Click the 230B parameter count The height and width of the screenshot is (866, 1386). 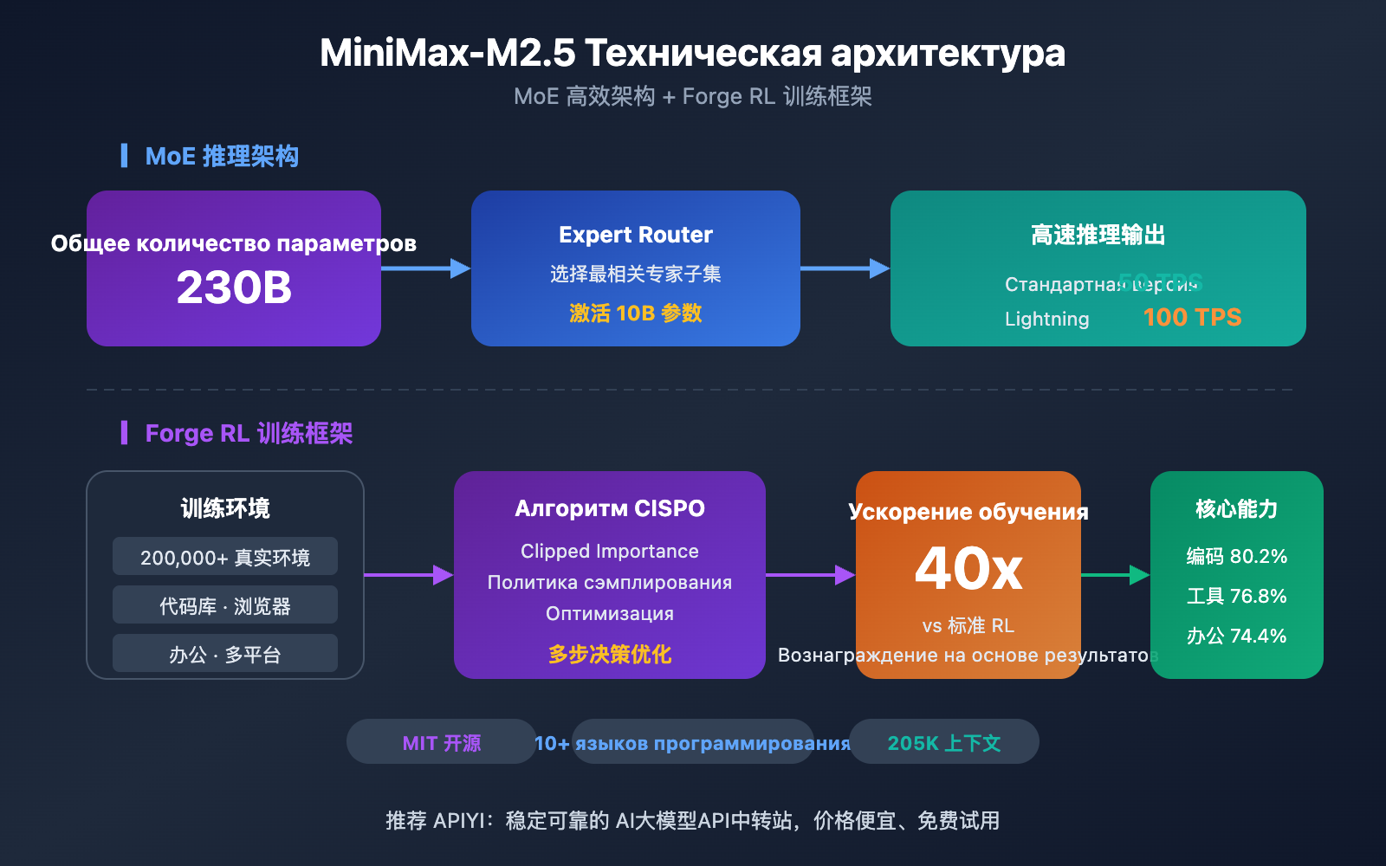click(x=234, y=288)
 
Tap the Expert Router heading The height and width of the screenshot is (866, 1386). click(x=636, y=235)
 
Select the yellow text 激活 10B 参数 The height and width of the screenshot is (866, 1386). click(x=636, y=313)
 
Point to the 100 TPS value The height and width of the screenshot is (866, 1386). click(x=1192, y=317)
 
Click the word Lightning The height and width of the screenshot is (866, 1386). click(x=1046, y=319)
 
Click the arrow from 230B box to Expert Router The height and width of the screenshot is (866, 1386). click(x=425, y=268)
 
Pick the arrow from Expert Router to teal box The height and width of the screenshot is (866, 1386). click(x=845, y=268)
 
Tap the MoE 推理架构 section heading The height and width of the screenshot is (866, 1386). click(x=222, y=156)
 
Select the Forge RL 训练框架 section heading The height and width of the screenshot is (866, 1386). click(x=249, y=433)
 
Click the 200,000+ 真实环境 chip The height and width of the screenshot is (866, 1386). click(x=225, y=557)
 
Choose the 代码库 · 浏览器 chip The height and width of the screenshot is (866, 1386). click(x=225, y=605)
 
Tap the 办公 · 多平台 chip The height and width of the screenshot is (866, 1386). click(x=225, y=654)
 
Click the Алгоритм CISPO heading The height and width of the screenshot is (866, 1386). click(x=610, y=508)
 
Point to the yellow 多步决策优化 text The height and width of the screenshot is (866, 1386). click(x=610, y=654)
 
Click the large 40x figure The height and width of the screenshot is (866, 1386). click(x=968, y=569)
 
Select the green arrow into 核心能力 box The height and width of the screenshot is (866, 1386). click(x=1116, y=575)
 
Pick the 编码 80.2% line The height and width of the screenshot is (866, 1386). click(x=1236, y=556)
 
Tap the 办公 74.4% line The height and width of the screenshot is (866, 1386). click(x=1236, y=636)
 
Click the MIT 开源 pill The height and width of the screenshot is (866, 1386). click(x=442, y=742)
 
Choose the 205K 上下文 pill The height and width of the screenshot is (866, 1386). click(x=944, y=742)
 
